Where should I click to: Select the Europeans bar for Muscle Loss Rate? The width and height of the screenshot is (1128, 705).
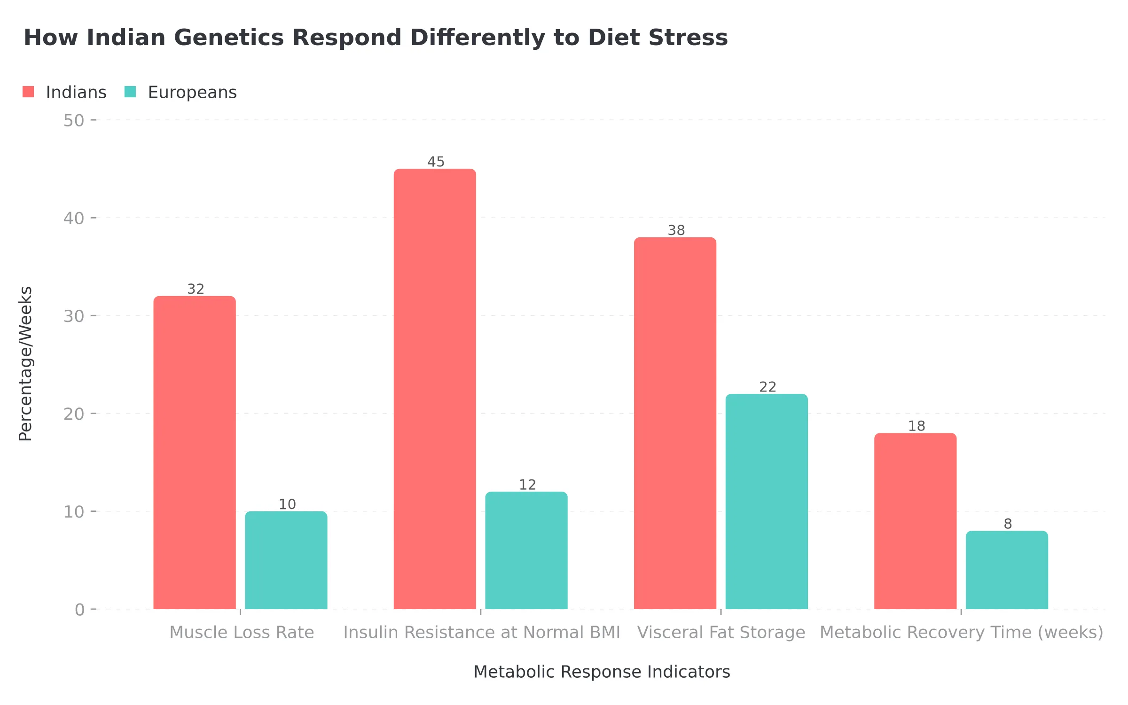click(286, 560)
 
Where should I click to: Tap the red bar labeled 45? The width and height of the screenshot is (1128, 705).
click(435, 389)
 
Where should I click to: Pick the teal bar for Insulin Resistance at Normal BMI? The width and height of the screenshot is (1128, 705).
click(526, 550)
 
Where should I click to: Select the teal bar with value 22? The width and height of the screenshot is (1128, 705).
click(767, 501)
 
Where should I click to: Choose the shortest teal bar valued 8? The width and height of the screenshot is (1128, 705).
click(1007, 570)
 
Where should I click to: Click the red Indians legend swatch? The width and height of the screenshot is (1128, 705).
click(28, 92)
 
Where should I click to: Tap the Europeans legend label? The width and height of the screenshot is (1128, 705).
click(192, 92)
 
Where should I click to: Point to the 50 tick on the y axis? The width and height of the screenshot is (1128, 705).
click(74, 120)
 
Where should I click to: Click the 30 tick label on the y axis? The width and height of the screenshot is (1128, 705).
click(74, 316)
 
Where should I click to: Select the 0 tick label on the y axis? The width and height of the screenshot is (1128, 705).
click(79, 610)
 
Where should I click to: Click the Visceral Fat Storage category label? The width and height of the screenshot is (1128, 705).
click(721, 632)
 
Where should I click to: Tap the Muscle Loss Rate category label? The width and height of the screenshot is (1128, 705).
click(242, 632)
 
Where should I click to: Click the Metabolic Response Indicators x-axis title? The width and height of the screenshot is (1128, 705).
click(601, 672)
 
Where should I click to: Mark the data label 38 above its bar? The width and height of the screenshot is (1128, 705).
click(676, 230)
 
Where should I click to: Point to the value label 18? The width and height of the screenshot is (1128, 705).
click(916, 426)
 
